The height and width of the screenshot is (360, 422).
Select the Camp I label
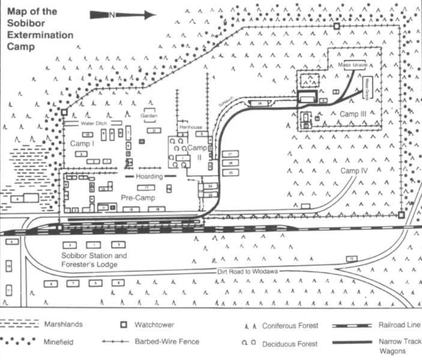coord(81,145)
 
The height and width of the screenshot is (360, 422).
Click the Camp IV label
coord(354,171)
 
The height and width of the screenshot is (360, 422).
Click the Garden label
coord(149,115)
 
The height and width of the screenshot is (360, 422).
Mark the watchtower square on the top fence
coord(337,26)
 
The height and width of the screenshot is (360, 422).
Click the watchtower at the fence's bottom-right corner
coord(402,214)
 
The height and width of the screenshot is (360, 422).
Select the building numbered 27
coord(230,154)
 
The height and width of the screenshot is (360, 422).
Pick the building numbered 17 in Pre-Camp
coord(146,188)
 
